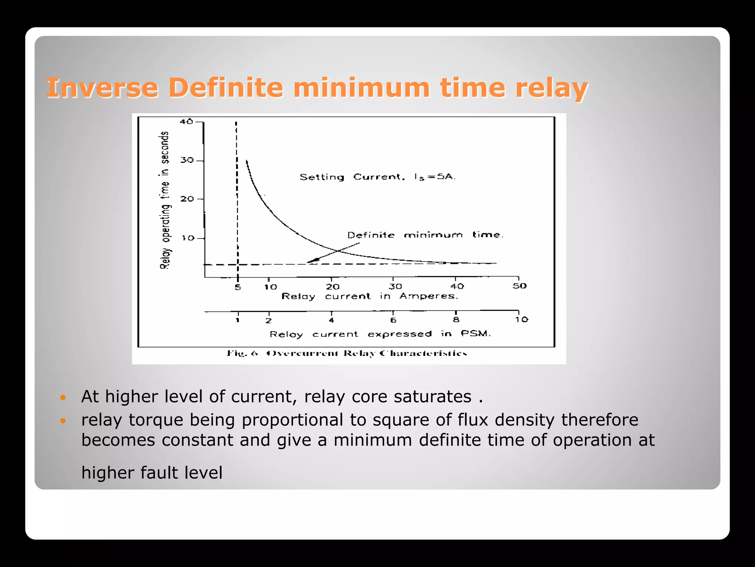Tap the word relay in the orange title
point(551,88)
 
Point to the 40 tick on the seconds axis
point(187,121)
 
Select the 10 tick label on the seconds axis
point(188,238)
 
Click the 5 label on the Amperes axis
point(238,287)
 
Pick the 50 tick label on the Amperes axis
point(519,286)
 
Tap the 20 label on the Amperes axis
point(333,287)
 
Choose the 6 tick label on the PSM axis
point(393,320)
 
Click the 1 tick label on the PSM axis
point(238,320)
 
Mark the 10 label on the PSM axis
point(522,320)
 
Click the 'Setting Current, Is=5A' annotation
point(377,177)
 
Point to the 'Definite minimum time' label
point(425,235)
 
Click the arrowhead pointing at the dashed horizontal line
point(313,261)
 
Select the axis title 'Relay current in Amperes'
point(370,296)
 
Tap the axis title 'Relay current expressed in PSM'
point(380,334)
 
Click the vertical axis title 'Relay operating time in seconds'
point(165,200)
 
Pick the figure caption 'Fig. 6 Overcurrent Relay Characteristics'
point(347,354)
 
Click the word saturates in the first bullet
point(432,397)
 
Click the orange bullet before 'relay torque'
point(63,420)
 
